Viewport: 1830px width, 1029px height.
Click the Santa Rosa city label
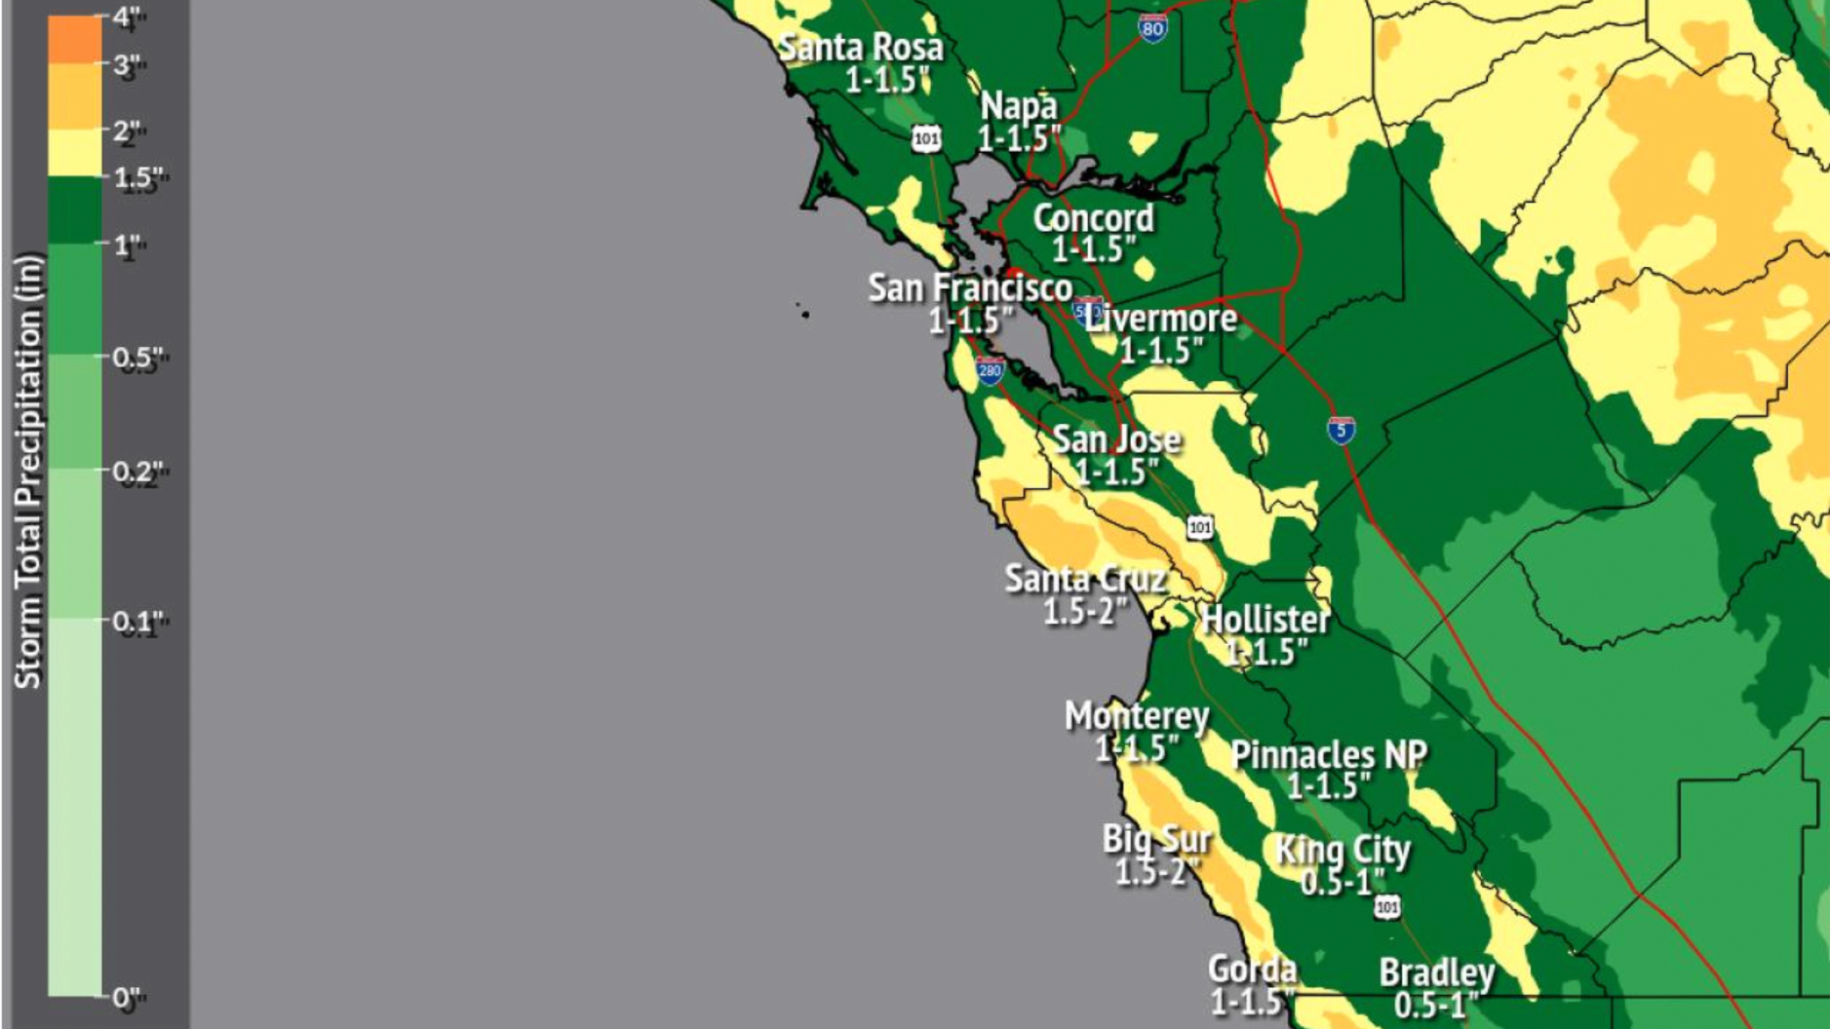point(861,47)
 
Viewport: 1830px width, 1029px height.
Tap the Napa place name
point(1018,105)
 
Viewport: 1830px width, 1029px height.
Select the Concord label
point(1093,218)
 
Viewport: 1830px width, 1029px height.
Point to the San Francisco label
point(969,287)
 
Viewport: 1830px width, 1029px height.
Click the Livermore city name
point(1162,318)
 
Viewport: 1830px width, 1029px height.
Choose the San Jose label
point(1116,439)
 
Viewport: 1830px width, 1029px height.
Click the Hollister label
point(1265,619)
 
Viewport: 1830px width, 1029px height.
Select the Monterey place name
point(1136,716)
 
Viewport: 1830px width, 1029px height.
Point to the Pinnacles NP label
point(1328,754)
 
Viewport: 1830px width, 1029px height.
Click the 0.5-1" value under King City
point(1342,882)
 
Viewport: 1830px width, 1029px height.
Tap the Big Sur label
point(1156,838)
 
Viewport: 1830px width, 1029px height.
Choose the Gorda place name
point(1252,969)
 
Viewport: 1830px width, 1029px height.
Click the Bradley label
point(1436,972)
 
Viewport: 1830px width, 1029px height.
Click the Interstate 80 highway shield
point(1152,28)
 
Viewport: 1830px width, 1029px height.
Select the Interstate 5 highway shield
point(1341,430)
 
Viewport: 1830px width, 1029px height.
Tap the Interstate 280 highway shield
point(990,370)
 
